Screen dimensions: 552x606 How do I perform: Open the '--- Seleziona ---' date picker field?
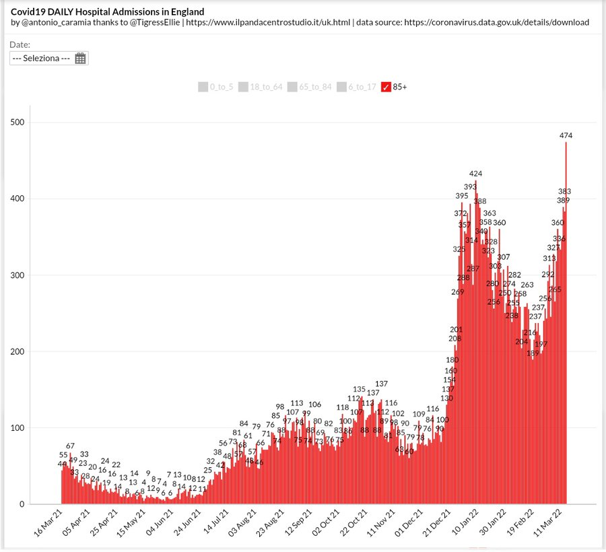click(42, 59)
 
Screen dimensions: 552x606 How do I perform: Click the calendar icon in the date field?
click(80, 59)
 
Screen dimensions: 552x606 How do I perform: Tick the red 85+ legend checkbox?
click(386, 87)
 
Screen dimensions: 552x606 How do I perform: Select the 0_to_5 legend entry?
click(215, 87)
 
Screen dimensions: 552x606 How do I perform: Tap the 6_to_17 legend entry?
click(356, 87)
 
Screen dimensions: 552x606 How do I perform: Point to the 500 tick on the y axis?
click(20, 123)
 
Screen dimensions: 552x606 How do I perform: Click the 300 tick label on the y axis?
click(20, 275)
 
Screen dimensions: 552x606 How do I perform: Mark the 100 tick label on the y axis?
click(20, 428)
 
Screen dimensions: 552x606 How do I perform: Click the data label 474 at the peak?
click(566, 135)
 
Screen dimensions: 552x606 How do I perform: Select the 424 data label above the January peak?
click(476, 174)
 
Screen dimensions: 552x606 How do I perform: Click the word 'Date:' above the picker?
click(21, 44)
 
